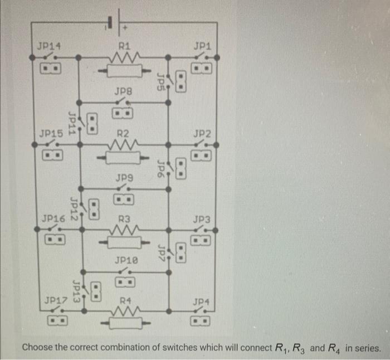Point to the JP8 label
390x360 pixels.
[123, 90]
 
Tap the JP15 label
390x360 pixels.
[51, 134]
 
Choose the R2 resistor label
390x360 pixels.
[124, 134]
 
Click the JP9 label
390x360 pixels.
[124, 178]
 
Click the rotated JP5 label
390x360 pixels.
[160, 81]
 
